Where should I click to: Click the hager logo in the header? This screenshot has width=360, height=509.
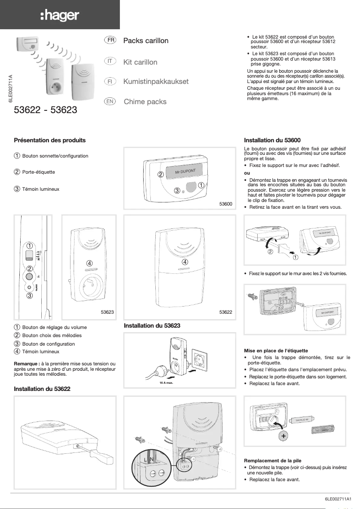[60, 16]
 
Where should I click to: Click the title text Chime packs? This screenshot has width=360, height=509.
[145, 102]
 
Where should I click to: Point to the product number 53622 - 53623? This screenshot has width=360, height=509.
[46, 109]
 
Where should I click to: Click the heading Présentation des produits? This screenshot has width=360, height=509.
[50, 140]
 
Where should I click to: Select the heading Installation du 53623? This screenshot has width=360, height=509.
[152, 325]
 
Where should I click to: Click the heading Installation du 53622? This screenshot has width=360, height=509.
[42, 388]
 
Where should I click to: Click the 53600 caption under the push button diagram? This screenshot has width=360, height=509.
[226, 204]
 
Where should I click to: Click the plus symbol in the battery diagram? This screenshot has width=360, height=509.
[283, 436]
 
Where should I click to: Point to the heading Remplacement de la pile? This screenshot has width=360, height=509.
[272, 461]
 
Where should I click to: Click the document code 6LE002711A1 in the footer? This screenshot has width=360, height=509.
[339, 499]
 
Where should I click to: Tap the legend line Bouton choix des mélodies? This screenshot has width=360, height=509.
[52, 335]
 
